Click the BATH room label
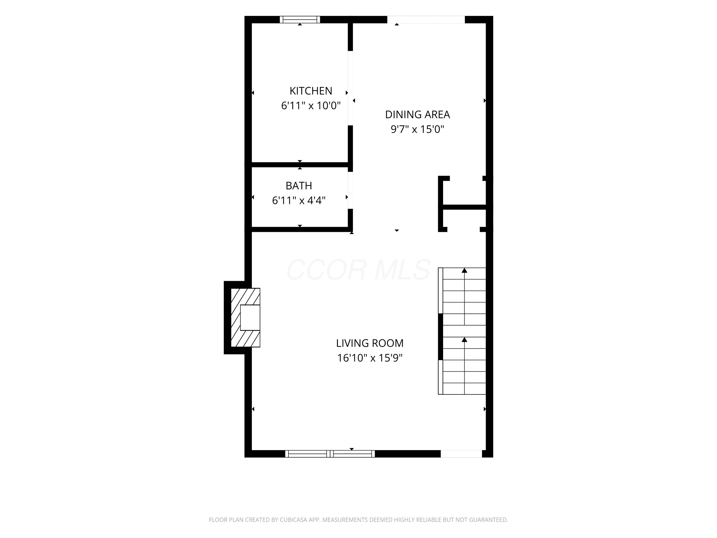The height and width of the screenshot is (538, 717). (x=299, y=186)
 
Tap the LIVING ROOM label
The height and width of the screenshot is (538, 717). (x=369, y=343)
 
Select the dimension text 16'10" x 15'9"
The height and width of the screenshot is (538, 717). (x=369, y=358)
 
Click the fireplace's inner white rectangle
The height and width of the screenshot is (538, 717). (x=250, y=318)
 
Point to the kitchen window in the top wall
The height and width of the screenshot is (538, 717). (x=300, y=19)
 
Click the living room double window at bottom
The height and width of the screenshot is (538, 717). (x=330, y=454)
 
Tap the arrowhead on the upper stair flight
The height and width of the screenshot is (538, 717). (x=464, y=270)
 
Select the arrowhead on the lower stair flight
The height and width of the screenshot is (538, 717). (x=464, y=340)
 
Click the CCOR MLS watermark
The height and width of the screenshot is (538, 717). (x=358, y=270)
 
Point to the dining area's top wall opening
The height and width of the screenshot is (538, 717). (x=426, y=19)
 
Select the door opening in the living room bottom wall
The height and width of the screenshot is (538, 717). (x=461, y=454)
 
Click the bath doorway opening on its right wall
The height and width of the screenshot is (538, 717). (x=350, y=190)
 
